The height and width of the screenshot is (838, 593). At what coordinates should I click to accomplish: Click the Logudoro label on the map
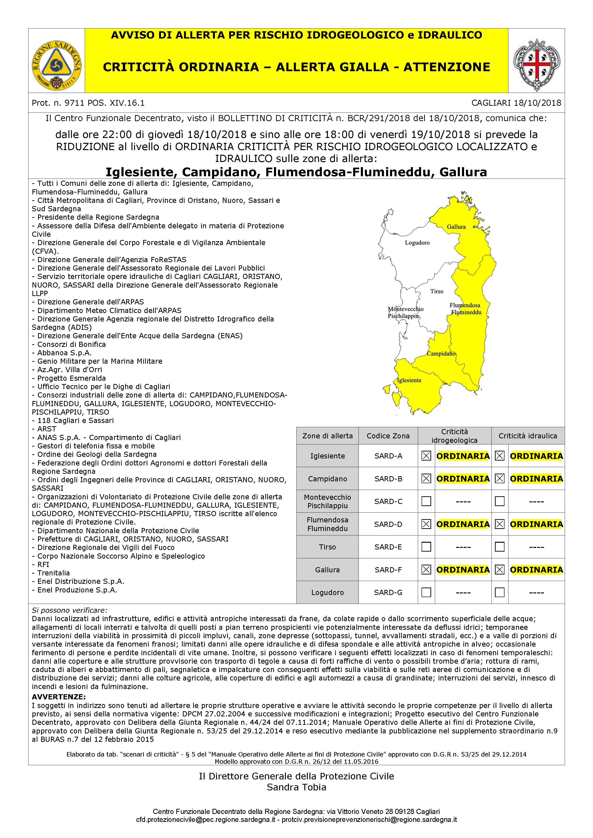pos(417,243)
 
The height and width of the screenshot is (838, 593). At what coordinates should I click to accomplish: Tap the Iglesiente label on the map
pos(409,380)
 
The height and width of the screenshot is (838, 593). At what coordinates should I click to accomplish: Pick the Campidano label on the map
pos(441,353)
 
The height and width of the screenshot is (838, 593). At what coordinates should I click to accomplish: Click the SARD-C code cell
pos(388,501)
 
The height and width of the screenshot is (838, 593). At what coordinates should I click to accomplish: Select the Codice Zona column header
pos(388,436)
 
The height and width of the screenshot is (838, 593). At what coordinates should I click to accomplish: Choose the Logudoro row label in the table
pos(327,592)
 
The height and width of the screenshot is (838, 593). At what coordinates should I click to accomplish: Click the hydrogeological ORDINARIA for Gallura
pos(463,570)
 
